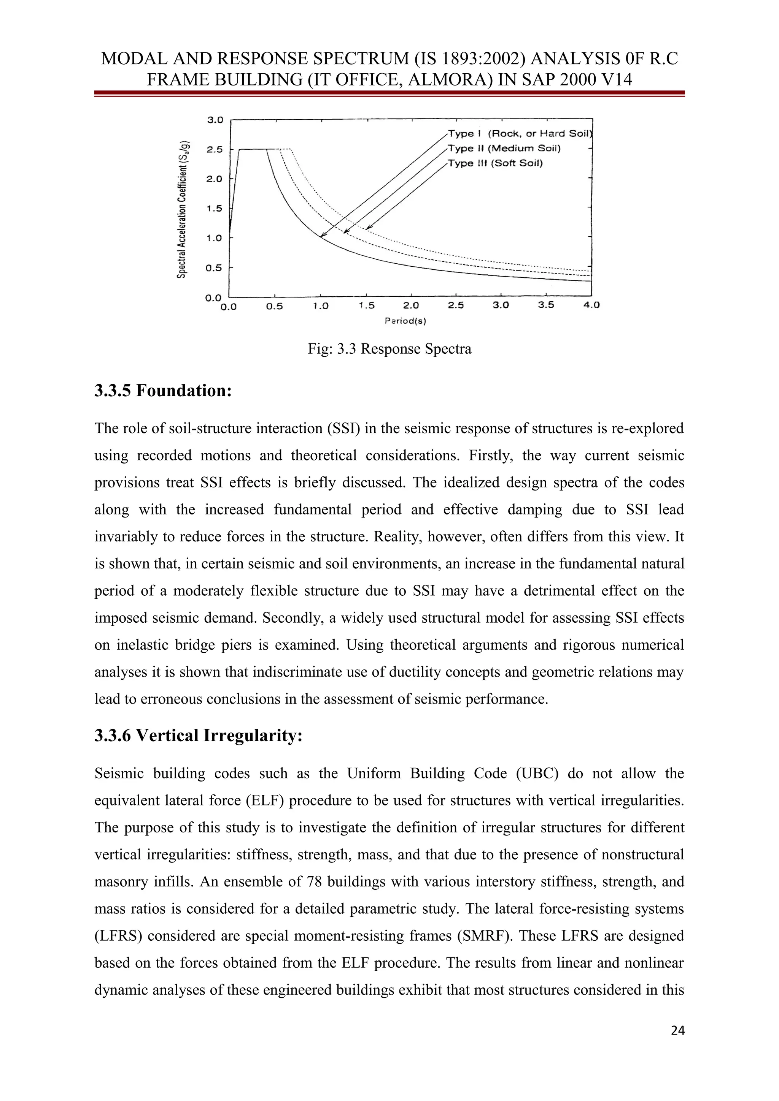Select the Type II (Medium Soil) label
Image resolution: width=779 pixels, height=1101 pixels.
pos(504,148)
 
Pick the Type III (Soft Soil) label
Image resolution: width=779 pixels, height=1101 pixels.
pos(495,163)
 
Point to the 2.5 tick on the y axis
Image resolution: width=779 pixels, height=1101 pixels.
pos(215,150)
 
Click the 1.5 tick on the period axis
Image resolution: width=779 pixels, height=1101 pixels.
pos(367,305)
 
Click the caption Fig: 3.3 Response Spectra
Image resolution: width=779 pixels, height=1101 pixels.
pos(389,349)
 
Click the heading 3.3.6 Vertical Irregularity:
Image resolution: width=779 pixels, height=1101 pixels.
pos(198,735)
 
